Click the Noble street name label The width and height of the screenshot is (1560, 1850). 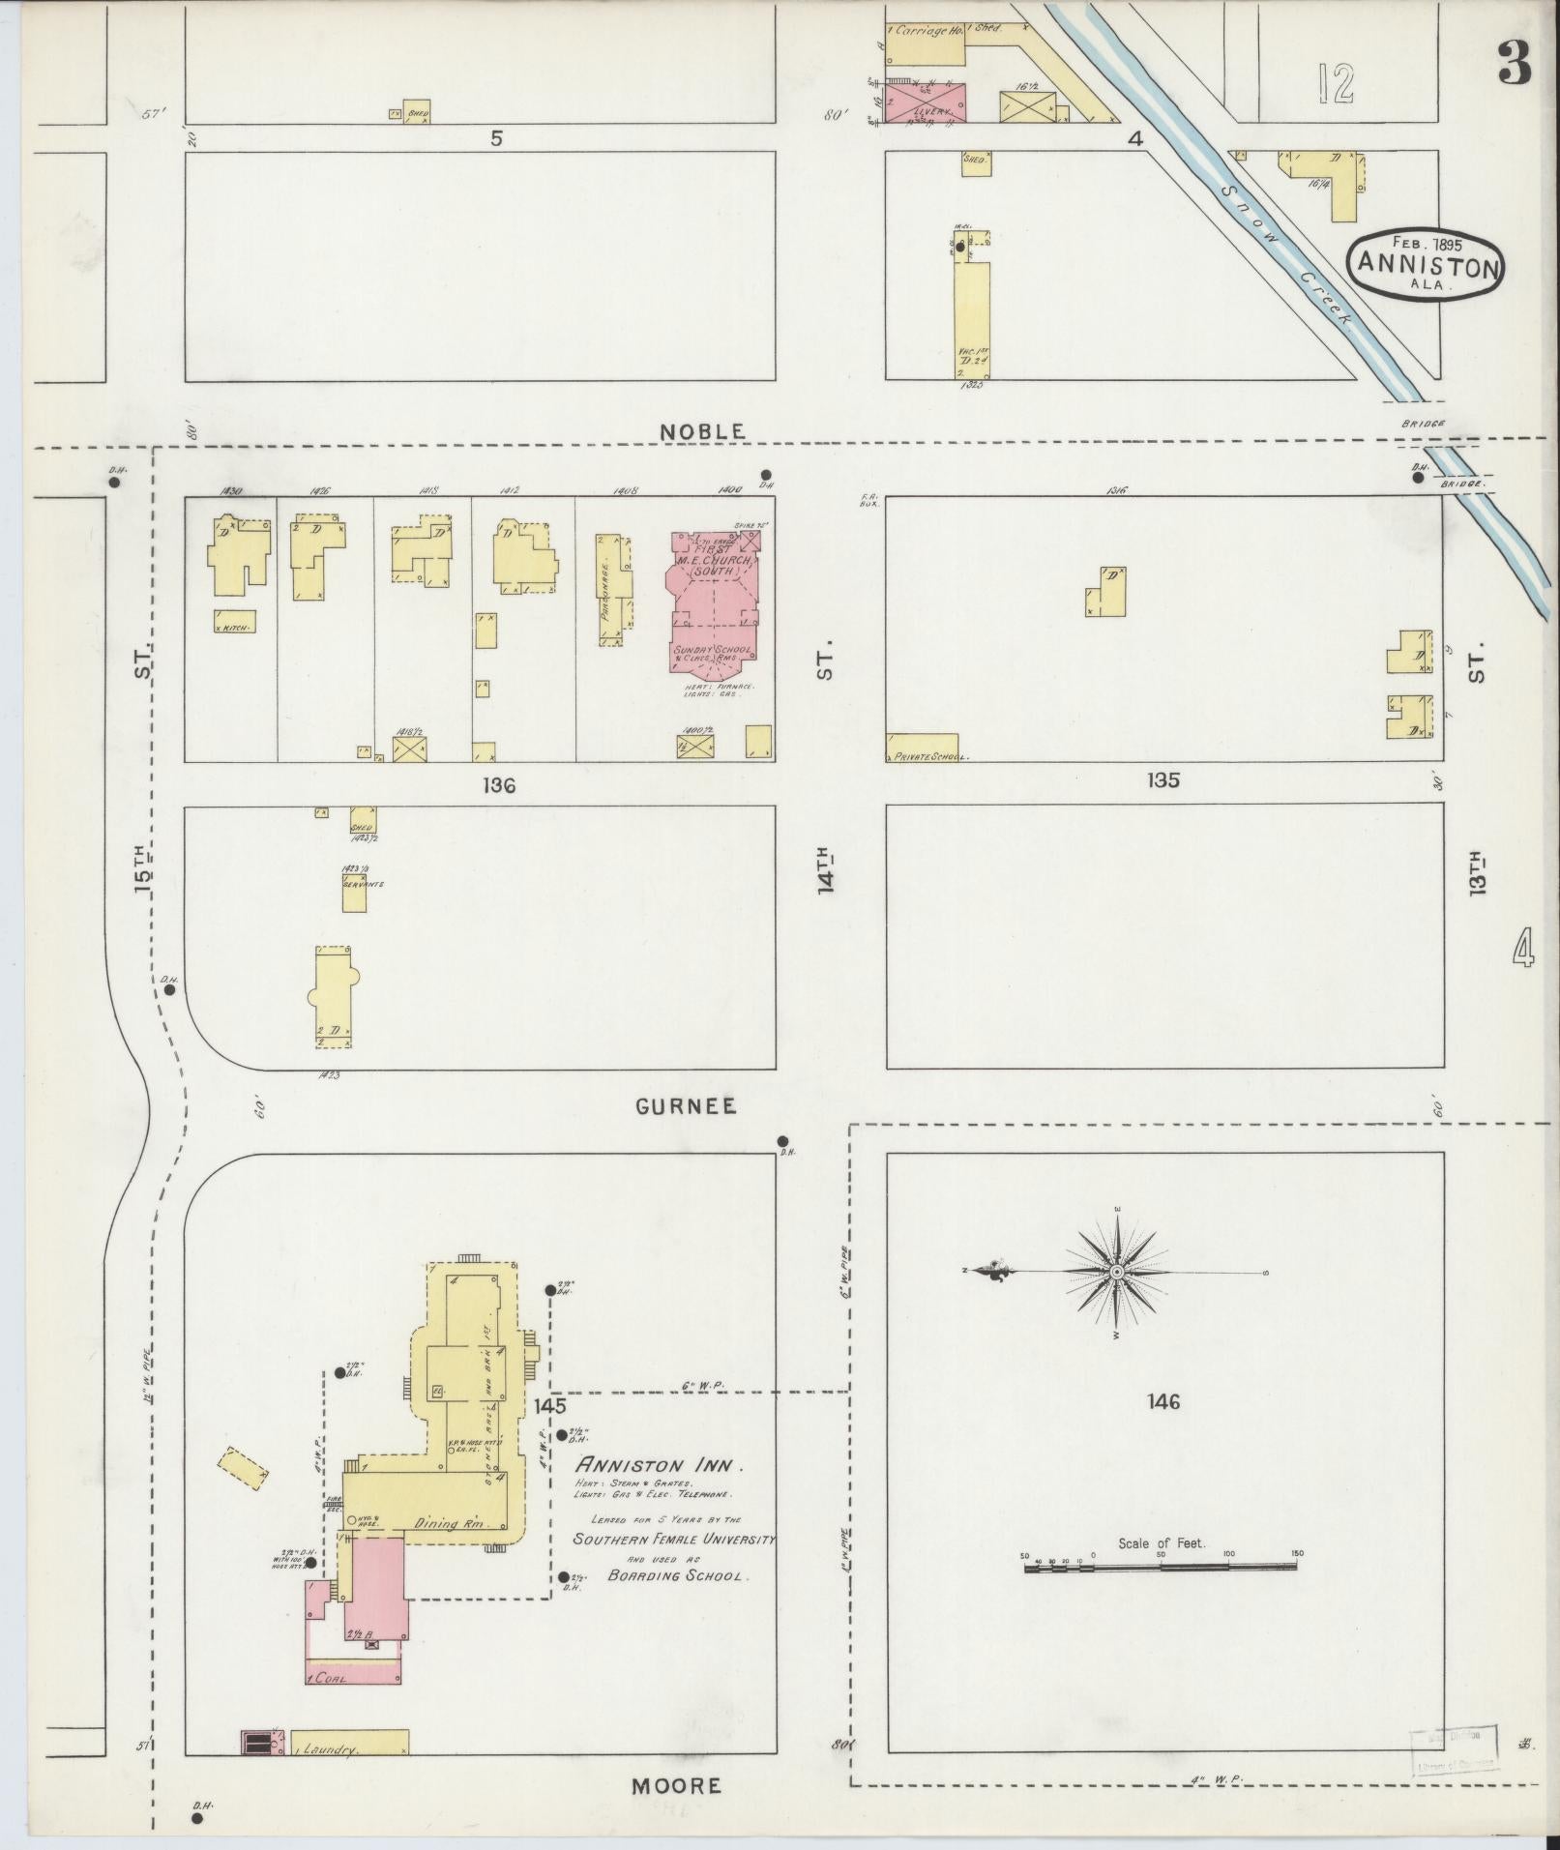click(702, 431)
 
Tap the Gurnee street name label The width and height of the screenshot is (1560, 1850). click(686, 1106)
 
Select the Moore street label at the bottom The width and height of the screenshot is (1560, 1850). click(677, 1785)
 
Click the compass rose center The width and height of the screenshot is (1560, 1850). click(1117, 1273)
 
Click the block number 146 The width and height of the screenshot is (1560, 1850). click(1163, 1401)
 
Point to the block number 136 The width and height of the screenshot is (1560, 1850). click(500, 785)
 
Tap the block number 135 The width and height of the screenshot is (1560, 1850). click(1163, 779)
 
